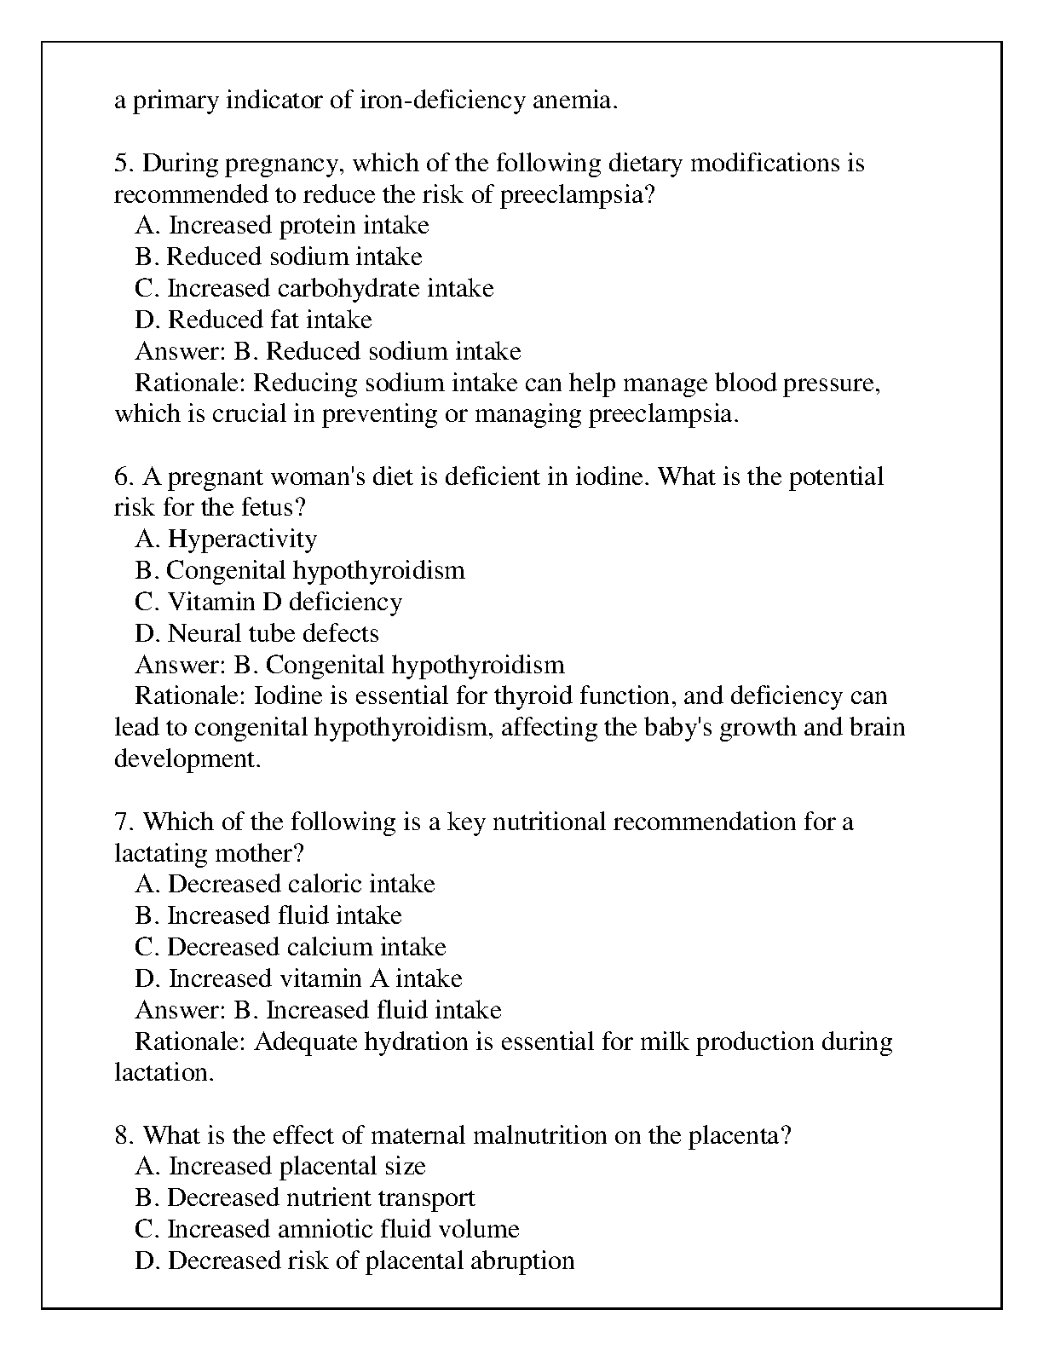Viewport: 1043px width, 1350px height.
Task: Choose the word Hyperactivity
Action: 242,539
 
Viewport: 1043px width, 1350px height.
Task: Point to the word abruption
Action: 522,1261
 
